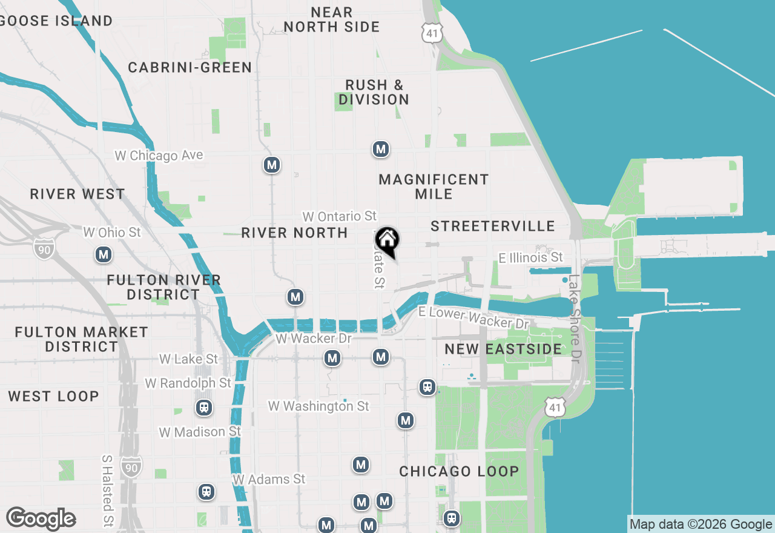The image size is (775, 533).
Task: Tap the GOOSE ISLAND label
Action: coord(56,21)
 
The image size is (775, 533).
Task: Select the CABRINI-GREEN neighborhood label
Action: coord(190,67)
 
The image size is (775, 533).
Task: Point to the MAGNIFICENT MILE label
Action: coord(434,187)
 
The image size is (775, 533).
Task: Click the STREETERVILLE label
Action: coord(493,226)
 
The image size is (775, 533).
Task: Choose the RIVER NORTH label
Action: coord(294,233)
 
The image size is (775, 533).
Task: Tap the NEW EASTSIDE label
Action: coord(504,349)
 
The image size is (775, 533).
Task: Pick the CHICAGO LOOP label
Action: coord(459,471)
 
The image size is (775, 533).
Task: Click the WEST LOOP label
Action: coord(53,396)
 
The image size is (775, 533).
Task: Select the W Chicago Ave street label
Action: coord(159,156)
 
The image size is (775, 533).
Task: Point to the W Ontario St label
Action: coord(339,216)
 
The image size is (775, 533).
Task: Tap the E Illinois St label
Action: coord(530,258)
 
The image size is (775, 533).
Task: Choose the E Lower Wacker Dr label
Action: coord(473,317)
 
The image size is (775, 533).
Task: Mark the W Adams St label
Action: coord(269,479)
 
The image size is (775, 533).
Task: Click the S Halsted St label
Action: coord(108,490)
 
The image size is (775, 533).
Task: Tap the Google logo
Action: coord(41,519)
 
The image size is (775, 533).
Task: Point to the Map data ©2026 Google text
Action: coord(701,525)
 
